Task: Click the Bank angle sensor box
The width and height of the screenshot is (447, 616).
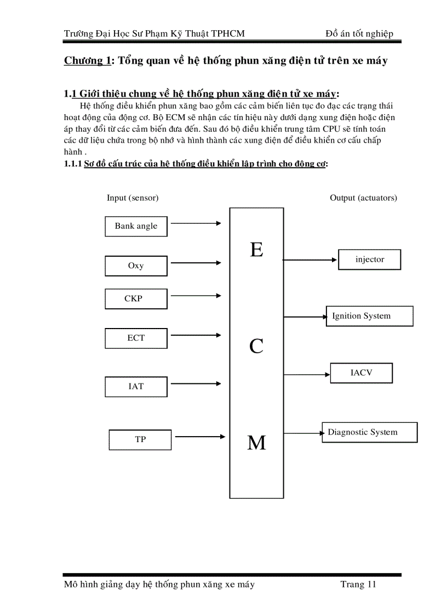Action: tap(136, 226)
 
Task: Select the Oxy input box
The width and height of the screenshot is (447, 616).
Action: tap(136, 265)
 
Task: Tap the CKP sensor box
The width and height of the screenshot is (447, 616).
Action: tap(136, 299)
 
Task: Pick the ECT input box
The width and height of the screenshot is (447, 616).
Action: tap(136, 338)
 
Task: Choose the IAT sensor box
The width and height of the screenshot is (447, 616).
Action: tap(136, 386)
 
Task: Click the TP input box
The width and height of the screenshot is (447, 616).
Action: tap(140, 439)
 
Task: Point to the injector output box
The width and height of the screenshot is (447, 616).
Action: tap(370, 259)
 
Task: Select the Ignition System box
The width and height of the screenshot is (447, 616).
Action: tap(369, 316)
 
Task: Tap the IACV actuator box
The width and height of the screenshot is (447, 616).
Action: tap(362, 373)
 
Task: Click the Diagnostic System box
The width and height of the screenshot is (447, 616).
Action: tap(369, 432)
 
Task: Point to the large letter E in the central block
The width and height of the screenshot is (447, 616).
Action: tap(256, 250)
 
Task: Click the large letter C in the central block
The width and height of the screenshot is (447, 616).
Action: tap(256, 346)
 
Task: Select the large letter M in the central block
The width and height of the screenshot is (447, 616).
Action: tap(256, 443)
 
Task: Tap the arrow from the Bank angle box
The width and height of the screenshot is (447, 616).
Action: tap(196, 223)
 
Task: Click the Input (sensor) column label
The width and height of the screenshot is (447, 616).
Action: tap(133, 197)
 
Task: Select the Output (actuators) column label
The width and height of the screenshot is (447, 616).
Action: tap(363, 197)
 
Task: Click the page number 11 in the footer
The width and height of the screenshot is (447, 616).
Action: tap(370, 584)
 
